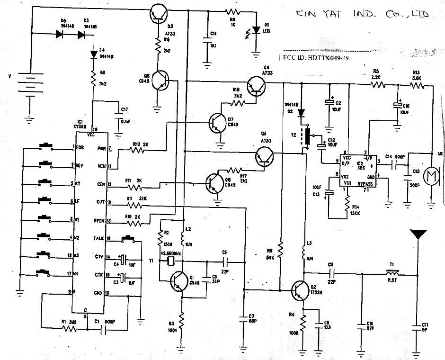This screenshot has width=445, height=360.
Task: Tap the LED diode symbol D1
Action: click(x=256, y=30)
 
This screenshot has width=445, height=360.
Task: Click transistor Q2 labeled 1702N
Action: click(x=300, y=289)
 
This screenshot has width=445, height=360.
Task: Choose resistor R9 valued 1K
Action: click(x=232, y=11)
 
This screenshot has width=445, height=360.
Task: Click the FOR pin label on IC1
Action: click(x=80, y=147)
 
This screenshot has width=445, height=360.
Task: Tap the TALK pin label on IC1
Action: click(x=98, y=238)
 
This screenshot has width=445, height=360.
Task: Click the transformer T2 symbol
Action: click(x=308, y=137)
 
